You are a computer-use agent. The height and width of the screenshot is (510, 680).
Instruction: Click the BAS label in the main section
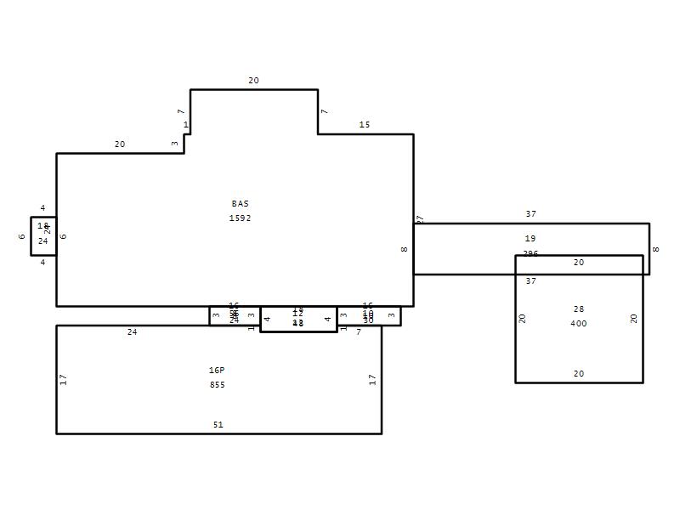tap(241, 204)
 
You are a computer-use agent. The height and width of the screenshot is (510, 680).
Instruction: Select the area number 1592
tap(241, 218)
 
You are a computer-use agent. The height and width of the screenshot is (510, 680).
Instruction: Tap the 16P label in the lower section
tap(217, 371)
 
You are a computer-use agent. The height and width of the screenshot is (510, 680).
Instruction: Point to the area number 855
tap(217, 385)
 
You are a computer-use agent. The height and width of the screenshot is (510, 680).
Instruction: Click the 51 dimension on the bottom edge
tap(218, 425)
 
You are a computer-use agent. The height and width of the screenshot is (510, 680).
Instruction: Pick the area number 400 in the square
tap(579, 324)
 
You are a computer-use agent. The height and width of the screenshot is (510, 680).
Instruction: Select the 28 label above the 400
tap(579, 309)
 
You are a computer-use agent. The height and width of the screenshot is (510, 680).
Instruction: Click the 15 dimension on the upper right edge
tap(365, 125)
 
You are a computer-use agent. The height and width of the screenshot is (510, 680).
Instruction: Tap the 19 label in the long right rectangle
tap(530, 239)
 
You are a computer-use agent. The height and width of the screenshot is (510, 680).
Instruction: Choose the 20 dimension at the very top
tap(253, 81)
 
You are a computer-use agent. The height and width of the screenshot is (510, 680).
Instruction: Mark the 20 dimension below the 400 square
tap(579, 374)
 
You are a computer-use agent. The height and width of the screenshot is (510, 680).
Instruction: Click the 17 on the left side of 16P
tap(64, 379)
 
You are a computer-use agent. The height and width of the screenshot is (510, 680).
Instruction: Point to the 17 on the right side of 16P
tap(372, 379)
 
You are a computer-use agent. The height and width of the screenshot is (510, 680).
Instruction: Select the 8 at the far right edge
tap(655, 249)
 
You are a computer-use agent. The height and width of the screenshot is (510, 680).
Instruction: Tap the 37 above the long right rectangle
tap(530, 214)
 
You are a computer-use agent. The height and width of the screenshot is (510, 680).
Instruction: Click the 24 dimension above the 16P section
tap(132, 332)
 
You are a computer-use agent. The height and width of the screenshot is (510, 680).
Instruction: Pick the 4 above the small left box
tap(42, 208)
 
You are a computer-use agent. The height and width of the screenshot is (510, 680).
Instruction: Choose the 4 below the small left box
tap(42, 263)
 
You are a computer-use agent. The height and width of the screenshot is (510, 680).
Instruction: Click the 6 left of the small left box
tap(22, 236)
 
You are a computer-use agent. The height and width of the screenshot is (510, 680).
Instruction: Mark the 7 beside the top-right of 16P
tap(359, 332)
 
